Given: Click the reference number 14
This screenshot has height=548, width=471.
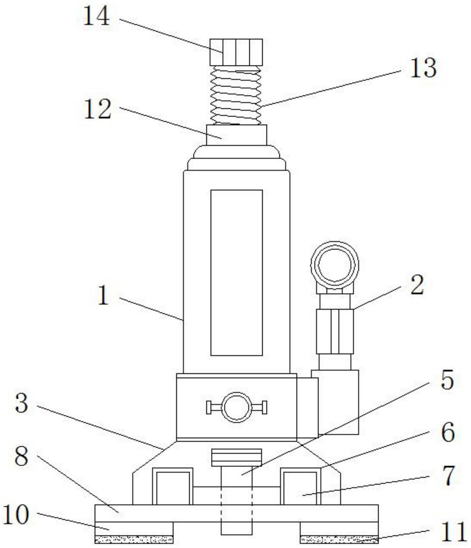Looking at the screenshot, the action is [x=96, y=18].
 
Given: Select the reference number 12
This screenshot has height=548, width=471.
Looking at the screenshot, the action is [x=98, y=109].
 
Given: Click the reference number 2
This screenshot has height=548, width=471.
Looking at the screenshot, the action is [x=417, y=285].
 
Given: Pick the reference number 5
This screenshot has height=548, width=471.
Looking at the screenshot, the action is [x=447, y=380].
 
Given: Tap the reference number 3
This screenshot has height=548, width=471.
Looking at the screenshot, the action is [x=21, y=403].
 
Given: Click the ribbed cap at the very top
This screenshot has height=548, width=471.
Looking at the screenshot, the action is [x=236, y=52].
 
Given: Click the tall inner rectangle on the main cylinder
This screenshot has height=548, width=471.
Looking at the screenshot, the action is [x=236, y=272].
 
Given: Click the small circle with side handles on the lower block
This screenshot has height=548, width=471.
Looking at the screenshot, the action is [x=236, y=407].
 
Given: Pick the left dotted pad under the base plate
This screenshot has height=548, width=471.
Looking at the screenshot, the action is [x=134, y=539].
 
